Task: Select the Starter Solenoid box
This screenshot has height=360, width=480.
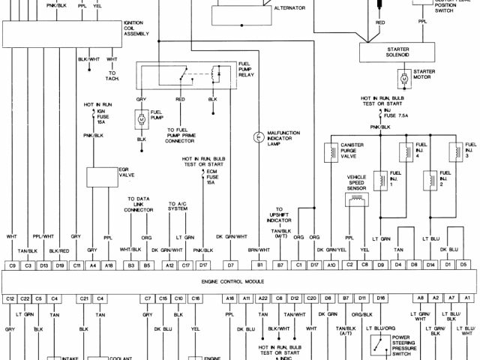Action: point(403,52)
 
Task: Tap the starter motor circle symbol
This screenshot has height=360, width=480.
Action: point(403,77)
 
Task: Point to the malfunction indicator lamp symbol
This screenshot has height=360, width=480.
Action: point(259,136)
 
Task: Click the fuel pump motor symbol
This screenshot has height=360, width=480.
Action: point(141,118)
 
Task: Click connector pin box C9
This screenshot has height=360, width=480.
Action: point(12,265)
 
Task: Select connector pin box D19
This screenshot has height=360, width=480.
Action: point(59,265)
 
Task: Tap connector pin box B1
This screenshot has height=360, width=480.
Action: point(260,265)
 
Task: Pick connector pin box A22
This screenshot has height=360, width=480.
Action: point(262,298)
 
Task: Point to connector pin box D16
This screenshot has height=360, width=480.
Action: point(380,298)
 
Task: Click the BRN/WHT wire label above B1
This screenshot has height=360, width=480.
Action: point(260,249)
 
